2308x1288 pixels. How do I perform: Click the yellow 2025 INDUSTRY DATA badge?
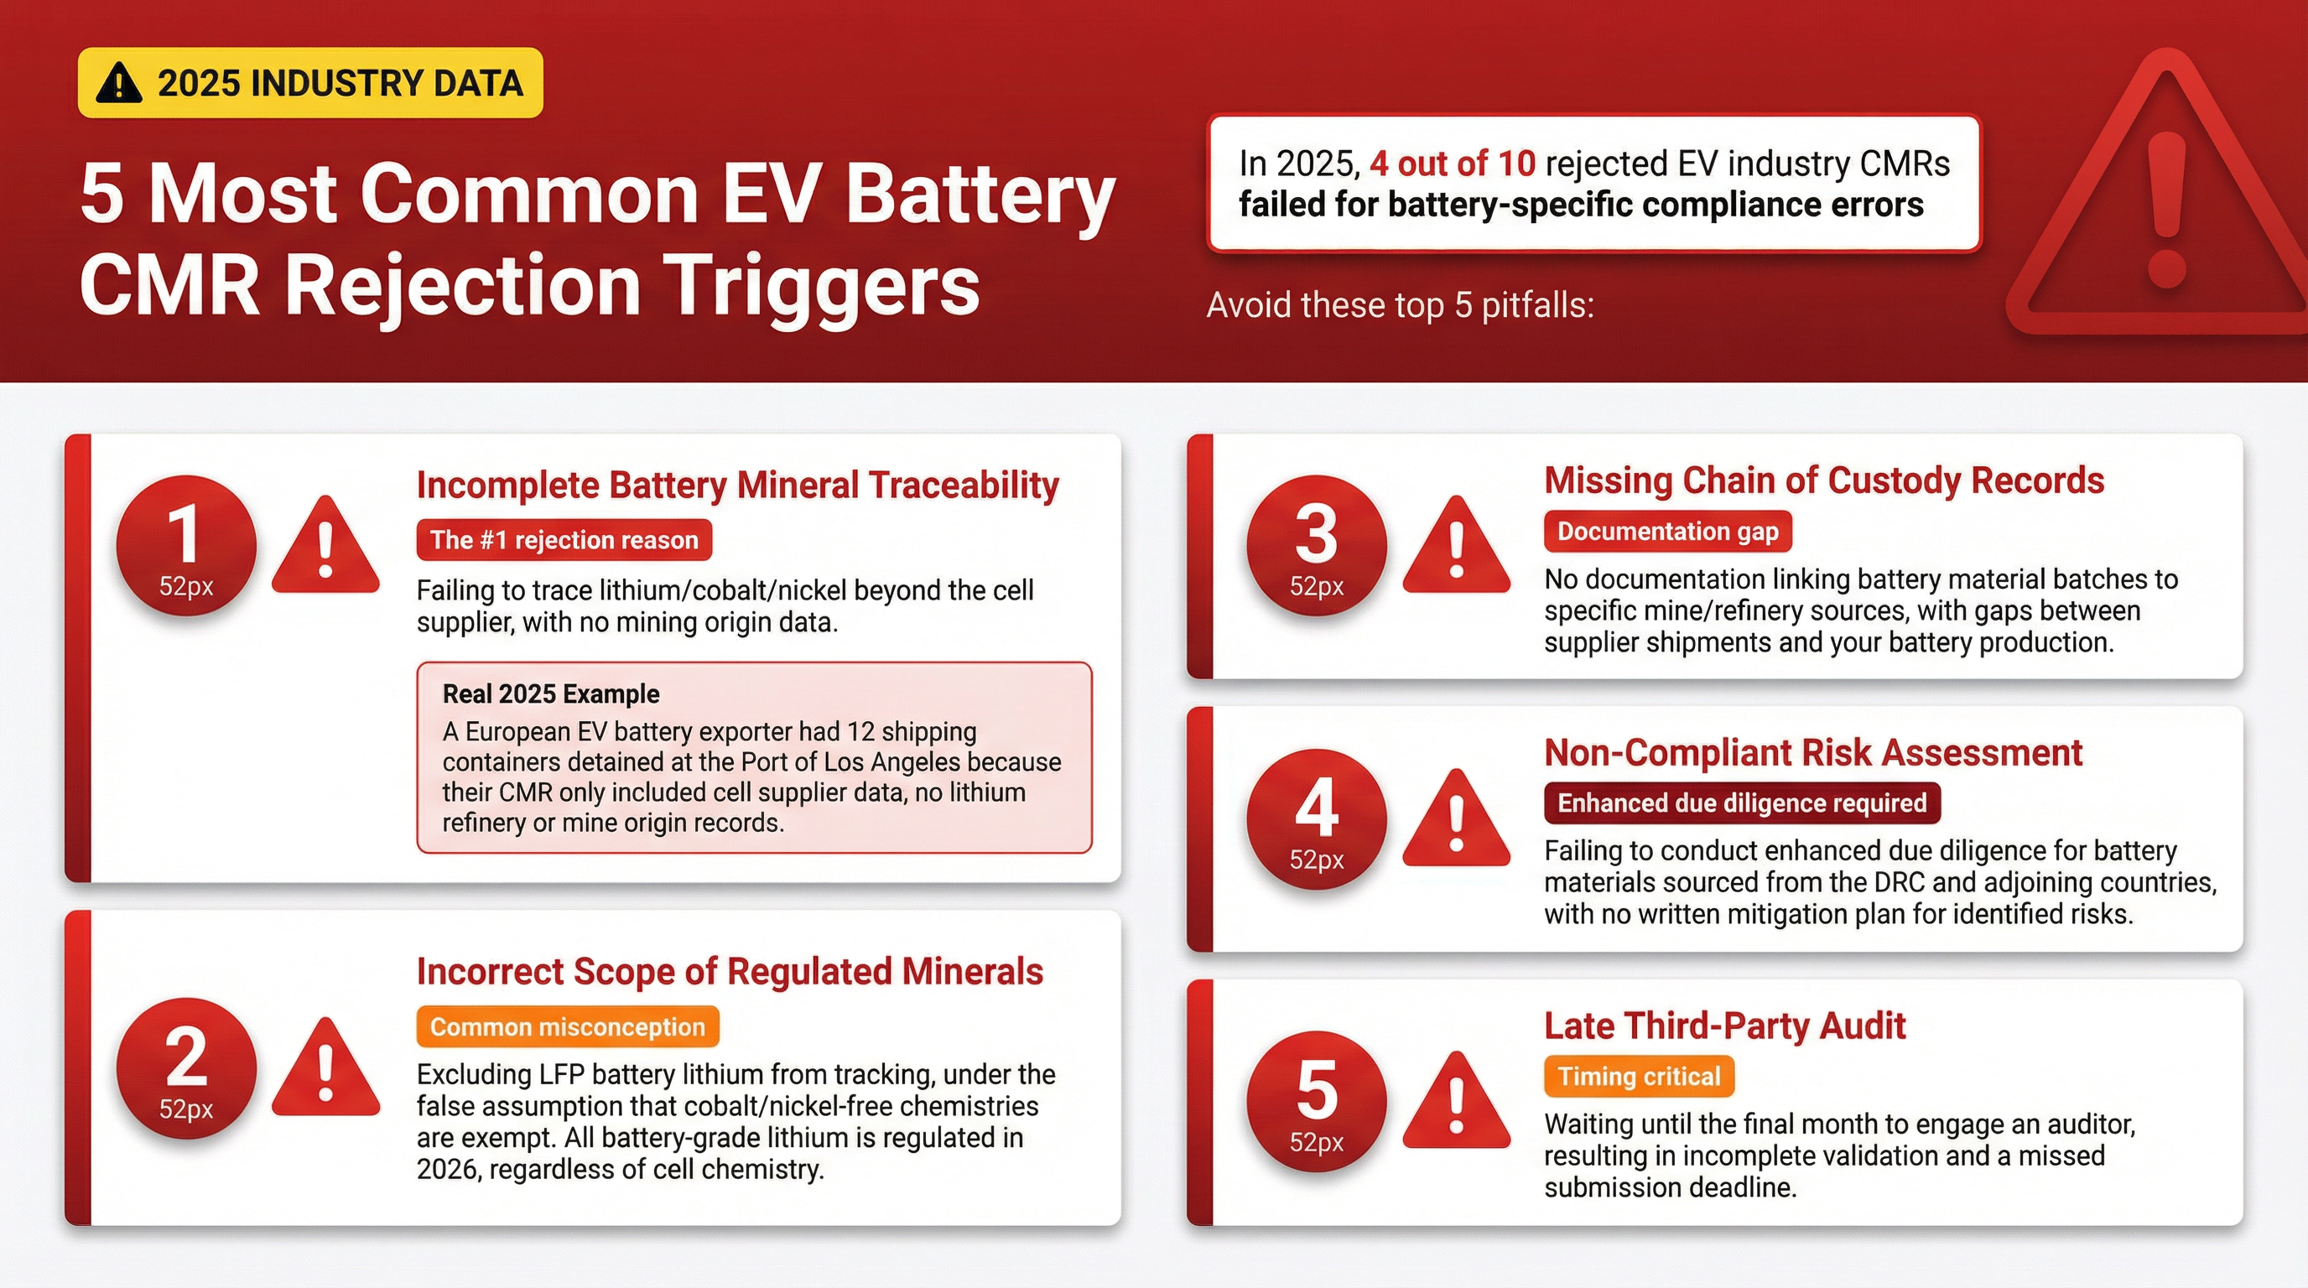coord(310,83)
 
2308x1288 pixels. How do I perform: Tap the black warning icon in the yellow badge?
coord(118,83)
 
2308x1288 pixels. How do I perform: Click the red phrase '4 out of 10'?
coord(1453,163)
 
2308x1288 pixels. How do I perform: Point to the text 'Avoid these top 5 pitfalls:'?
coord(1401,305)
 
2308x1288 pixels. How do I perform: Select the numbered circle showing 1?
coord(186,546)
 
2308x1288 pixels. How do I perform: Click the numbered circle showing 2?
coord(186,1067)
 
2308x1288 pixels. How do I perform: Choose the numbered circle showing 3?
coord(1316,546)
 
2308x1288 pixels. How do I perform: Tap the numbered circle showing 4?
coord(1316,818)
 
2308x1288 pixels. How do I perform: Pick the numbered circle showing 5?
coord(1316,1102)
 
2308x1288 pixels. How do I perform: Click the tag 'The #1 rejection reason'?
coord(564,540)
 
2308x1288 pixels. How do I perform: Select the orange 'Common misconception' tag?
coord(568,1026)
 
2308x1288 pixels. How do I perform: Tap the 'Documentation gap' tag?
coord(1668,531)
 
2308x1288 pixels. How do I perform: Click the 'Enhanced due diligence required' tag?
coord(1743,802)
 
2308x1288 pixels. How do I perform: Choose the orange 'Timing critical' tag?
coord(1640,1076)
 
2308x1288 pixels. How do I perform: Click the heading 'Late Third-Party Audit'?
coord(1725,1026)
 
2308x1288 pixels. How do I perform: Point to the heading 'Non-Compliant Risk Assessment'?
coord(1813,752)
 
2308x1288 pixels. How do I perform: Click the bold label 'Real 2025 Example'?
coord(551,694)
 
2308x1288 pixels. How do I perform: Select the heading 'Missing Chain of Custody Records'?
coord(1824,481)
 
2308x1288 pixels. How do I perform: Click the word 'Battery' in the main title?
coord(980,197)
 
